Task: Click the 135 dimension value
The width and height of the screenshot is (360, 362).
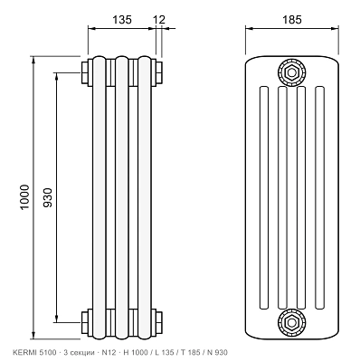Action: pos(122,20)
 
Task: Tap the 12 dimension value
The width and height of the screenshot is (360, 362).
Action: pos(159,20)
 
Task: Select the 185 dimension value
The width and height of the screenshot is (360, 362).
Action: pos(291,20)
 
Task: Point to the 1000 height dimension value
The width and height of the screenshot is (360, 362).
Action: pos(24,197)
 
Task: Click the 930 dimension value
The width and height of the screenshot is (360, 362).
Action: pos(48,197)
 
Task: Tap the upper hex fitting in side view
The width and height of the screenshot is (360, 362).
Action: pos(291,72)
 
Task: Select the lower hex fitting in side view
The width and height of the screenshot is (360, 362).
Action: pos(291,322)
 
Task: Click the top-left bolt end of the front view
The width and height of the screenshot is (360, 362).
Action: pos(84,72)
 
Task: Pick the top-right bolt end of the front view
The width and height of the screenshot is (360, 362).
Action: pos(159,72)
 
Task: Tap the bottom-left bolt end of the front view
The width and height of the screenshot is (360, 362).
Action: pos(84,322)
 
